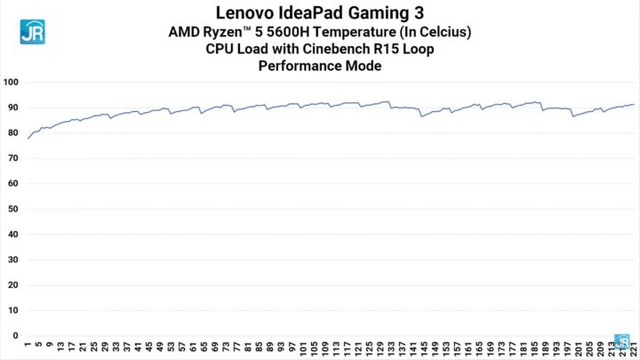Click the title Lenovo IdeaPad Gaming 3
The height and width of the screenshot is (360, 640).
click(x=319, y=12)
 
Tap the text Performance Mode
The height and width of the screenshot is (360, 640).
click(x=319, y=65)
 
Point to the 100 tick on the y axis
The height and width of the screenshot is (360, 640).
click(x=12, y=82)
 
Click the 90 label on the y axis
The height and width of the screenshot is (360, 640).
click(x=13, y=108)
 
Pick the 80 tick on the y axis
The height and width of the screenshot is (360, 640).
click(x=13, y=133)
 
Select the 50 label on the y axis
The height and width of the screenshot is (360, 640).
click(x=13, y=210)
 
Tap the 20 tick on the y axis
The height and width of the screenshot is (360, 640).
click(x=13, y=286)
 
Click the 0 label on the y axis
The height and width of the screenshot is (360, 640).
click(x=16, y=337)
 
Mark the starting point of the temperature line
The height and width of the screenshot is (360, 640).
click(x=28, y=139)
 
